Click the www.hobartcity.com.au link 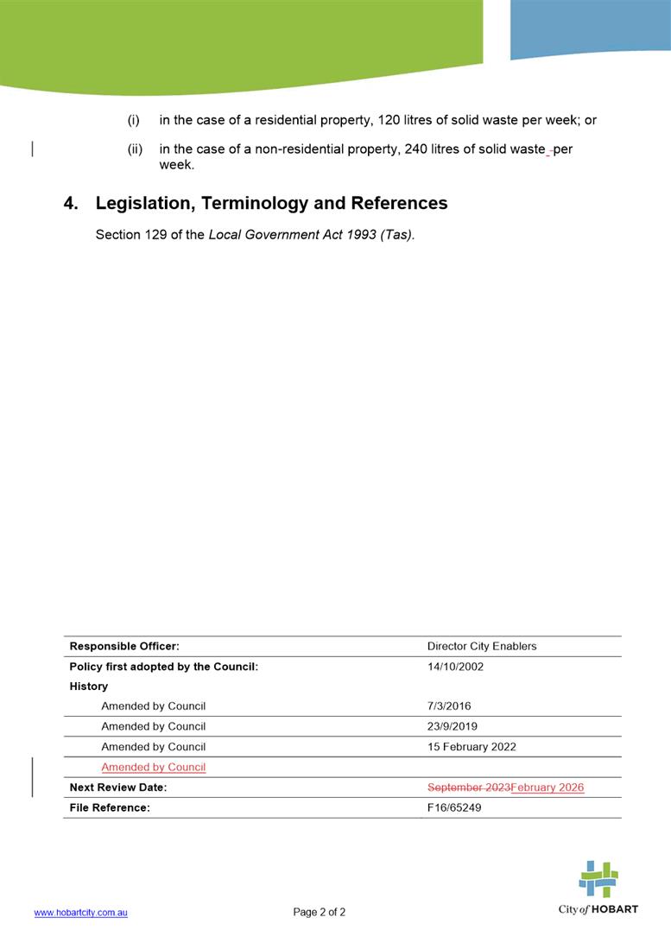click(x=80, y=913)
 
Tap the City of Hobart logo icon click(x=598, y=880)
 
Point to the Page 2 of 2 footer click(x=320, y=912)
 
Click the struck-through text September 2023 click(x=468, y=788)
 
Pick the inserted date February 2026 click(x=548, y=788)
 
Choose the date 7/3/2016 click(x=449, y=706)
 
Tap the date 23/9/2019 click(x=453, y=726)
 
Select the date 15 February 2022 click(x=472, y=747)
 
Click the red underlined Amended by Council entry click(x=153, y=768)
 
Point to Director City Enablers click(x=482, y=646)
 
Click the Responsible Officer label click(x=124, y=646)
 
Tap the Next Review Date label click(x=118, y=788)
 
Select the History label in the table click(x=89, y=686)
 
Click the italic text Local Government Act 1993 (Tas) click(x=311, y=235)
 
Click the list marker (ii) click(x=135, y=149)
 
